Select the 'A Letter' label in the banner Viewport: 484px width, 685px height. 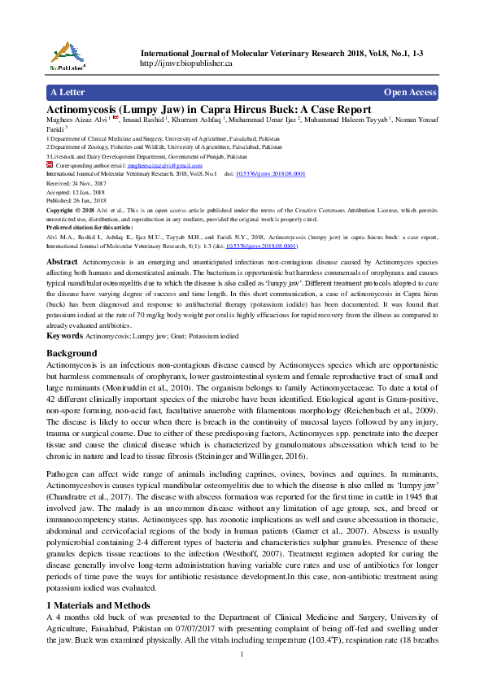68,92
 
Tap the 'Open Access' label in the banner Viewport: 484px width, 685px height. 410,92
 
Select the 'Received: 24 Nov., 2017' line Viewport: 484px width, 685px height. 81,183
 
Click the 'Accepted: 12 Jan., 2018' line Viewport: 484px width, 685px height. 81,192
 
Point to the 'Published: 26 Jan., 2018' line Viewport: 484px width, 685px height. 81,200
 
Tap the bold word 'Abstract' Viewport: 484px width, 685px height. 63,261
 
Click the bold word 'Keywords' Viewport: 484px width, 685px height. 64,335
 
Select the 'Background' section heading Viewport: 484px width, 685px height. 72,353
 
